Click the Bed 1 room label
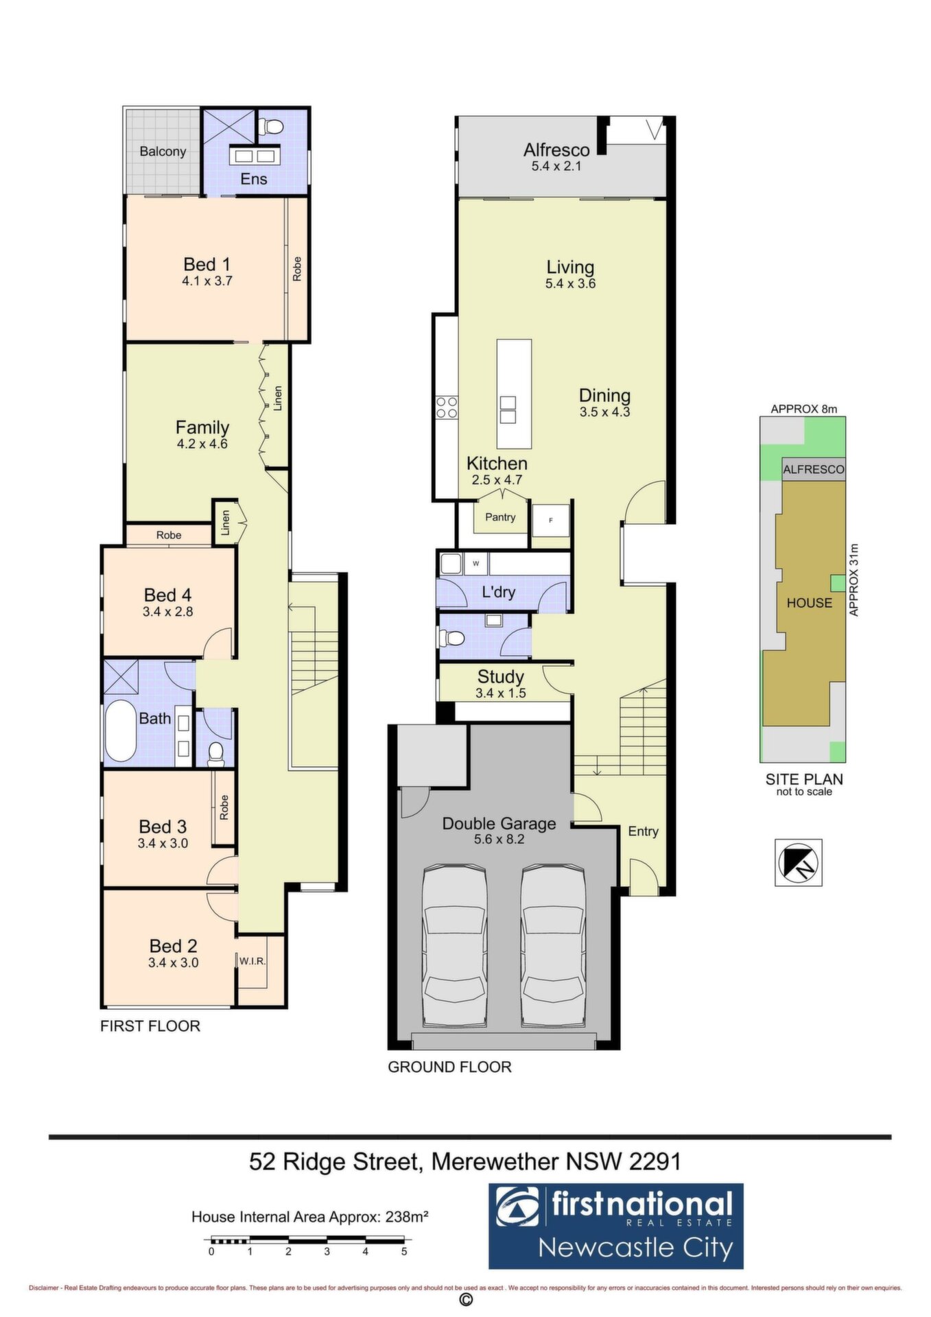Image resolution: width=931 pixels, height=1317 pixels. [207, 264]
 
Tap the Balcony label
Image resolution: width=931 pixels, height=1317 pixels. [163, 152]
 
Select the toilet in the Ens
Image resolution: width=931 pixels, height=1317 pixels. [272, 127]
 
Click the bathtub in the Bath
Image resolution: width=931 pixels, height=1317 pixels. [121, 731]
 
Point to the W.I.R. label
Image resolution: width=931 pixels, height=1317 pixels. [252, 961]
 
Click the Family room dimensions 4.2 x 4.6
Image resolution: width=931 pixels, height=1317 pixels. [202, 444]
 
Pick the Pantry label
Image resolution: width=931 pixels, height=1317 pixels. [500, 517]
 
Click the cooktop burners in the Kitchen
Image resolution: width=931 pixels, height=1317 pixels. [447, 407]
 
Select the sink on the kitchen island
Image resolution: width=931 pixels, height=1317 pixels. [508, 410]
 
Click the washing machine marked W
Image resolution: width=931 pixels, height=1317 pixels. [475, 564]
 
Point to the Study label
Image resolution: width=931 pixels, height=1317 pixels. [501, 677]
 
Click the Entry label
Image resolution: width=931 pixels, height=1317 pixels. [644, 831]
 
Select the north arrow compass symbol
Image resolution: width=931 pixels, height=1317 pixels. [799, 862]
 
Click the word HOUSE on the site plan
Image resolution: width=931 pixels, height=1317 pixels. [810, 603]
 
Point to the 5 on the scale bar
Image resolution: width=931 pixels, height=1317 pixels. [404, 1251]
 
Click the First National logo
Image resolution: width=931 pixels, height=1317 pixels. [616, 1226]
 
